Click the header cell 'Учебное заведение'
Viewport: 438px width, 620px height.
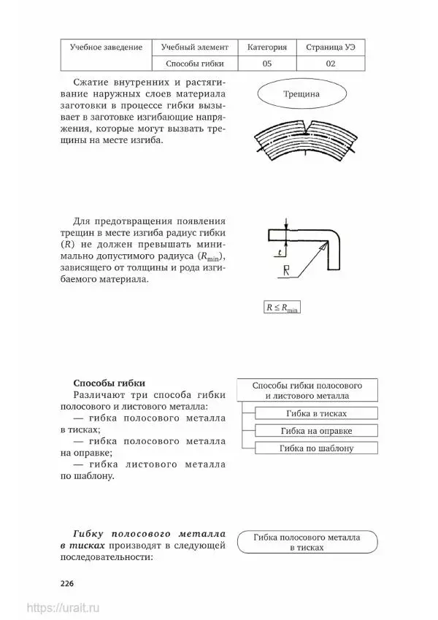[106, 47]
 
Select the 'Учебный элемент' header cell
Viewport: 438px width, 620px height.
[195, 47]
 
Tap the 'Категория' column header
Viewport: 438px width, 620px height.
[266, 47]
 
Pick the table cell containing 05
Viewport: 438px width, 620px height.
[266, 64]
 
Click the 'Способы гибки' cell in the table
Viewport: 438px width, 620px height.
[195, 64]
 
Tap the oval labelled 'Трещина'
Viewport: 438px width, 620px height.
[301, 94]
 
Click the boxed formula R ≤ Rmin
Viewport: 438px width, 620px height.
[282, 307]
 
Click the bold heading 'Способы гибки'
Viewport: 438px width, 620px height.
[109, 383]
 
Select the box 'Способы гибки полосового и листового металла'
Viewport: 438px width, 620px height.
[307, 390]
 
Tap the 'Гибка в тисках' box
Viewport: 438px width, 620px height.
[316, 413]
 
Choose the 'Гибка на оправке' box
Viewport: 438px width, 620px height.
[316, 431]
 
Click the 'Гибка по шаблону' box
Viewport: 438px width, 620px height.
[316, 448]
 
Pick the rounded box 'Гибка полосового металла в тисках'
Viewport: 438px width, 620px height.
[307, 542]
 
